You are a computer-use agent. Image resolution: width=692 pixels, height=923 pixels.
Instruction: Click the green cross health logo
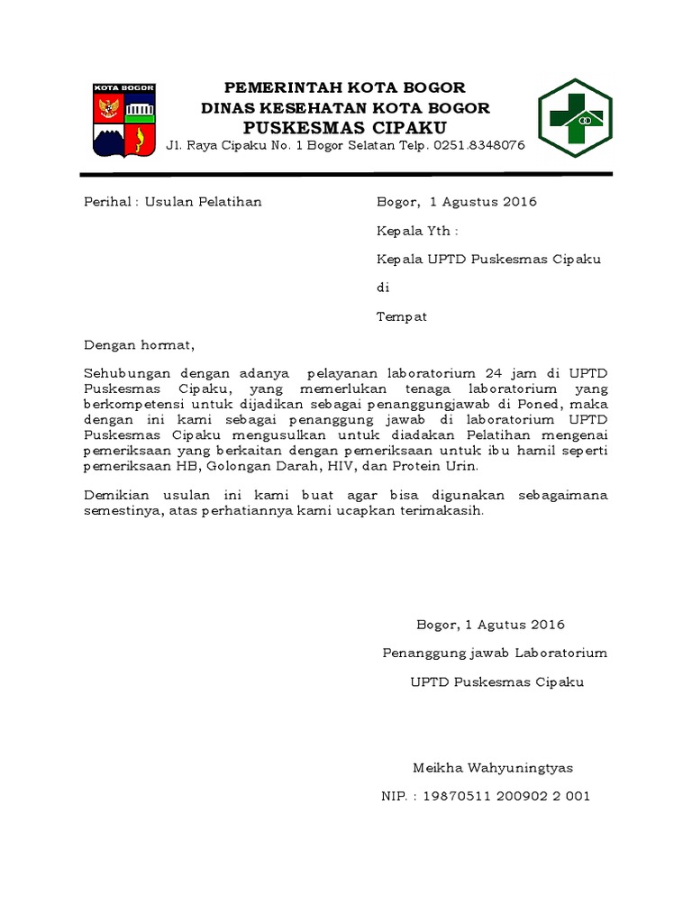(574, 118)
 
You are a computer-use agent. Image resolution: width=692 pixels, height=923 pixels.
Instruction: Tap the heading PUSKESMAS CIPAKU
(344, 127)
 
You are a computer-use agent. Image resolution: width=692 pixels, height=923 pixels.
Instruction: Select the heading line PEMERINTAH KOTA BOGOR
(344, 87)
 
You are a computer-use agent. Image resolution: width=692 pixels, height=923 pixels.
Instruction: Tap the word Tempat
(401, 316)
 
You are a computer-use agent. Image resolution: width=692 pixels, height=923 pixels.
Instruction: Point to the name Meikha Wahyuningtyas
(492, 768)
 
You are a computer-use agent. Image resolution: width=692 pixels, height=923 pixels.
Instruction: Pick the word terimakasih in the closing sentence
(442, 510)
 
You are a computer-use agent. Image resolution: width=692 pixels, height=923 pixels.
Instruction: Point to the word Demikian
(117, 495)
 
